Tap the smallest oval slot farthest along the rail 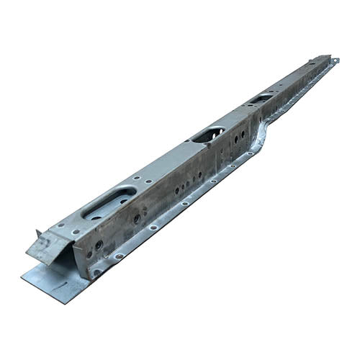(x=262, y=97)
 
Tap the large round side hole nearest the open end (x=99, y=245)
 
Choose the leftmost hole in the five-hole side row (x=176, y=190)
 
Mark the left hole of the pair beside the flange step (x=235, y=138)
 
